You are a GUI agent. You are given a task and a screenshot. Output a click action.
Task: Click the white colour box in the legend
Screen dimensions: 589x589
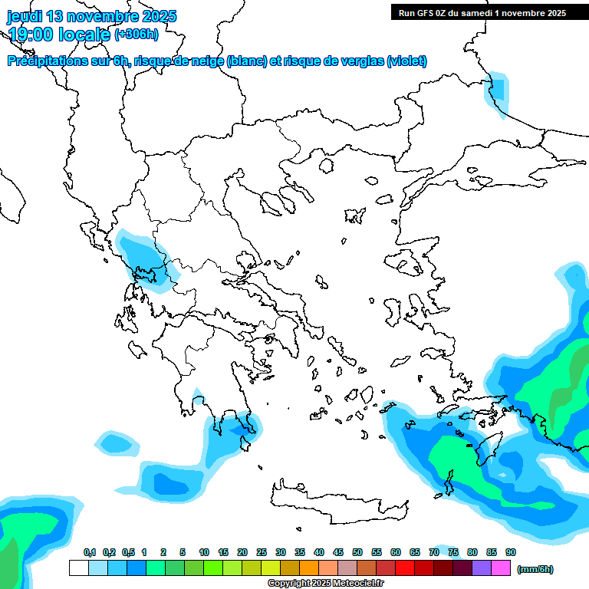78,568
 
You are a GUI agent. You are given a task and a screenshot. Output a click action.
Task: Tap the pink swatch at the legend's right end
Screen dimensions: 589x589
501,568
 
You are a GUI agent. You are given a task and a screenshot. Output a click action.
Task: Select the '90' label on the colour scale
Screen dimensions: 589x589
511,552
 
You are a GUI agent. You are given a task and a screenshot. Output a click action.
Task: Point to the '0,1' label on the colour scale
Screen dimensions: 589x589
90,552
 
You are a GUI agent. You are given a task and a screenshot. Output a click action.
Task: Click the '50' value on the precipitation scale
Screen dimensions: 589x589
357,552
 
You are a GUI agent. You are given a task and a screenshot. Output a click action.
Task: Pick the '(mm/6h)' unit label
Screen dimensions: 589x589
535,569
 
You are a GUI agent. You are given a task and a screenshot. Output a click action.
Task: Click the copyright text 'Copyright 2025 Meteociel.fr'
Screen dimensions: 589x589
325,584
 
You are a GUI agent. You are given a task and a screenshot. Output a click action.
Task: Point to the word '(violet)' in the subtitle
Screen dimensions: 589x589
407,61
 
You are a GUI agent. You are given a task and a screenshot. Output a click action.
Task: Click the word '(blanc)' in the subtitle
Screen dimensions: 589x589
246,61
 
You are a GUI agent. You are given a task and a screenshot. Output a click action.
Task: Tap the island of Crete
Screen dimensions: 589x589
337,502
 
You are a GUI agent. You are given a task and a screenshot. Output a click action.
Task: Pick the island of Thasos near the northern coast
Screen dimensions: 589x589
327,165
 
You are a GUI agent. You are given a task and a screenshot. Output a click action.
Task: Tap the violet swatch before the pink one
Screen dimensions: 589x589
482,568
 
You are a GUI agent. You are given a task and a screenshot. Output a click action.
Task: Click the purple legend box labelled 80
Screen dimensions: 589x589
462,568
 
